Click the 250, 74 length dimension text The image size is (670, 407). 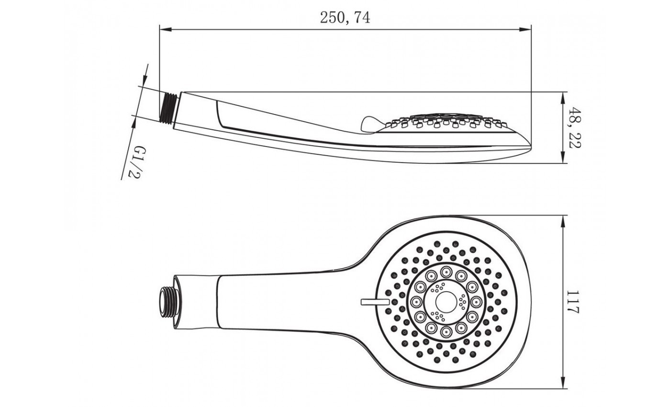(x=345, y=17)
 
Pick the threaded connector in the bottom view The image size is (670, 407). (x=168, y=302)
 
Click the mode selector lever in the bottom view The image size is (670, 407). (x=375, y=302)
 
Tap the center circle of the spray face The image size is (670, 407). (x=446, y=302)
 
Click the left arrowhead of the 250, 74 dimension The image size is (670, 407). (x=166, y=29)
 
